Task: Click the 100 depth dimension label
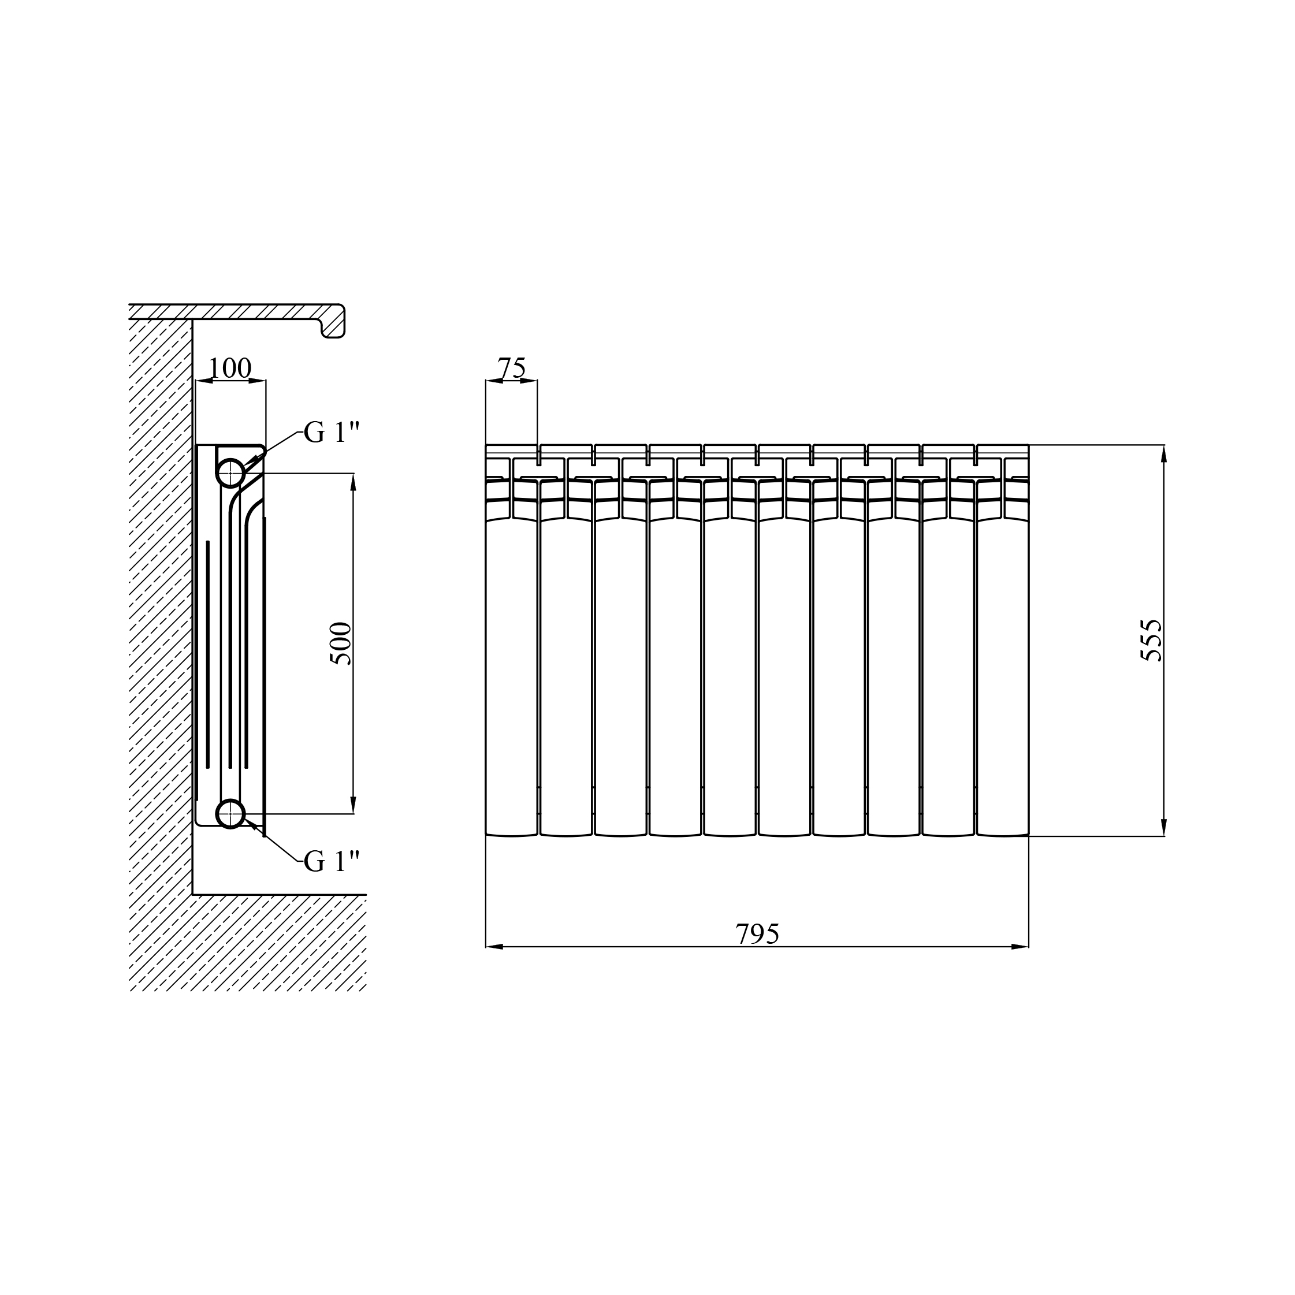(x=230, y=368)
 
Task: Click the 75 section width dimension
(x=511, y=368)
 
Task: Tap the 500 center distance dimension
(x=341, y=643)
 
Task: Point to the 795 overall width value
(x=757, y=934)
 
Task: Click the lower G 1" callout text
(x=332, y=861)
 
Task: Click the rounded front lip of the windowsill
(x=334, y=322)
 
